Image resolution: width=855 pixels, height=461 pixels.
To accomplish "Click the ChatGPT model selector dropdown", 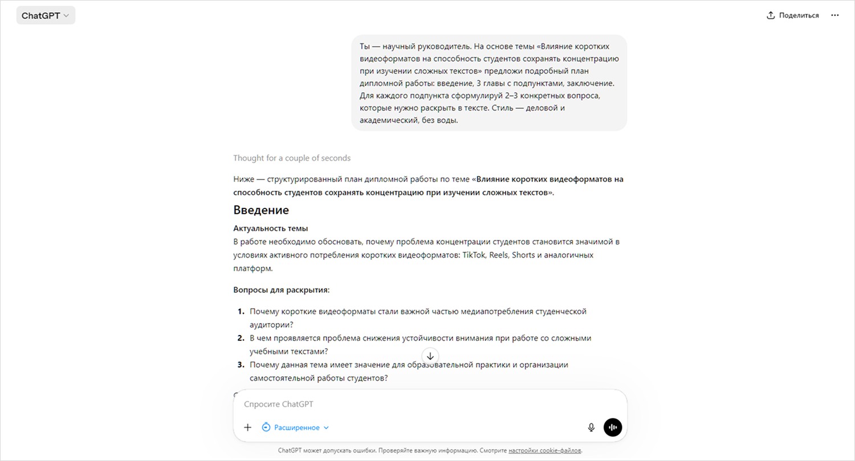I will coord(45,15).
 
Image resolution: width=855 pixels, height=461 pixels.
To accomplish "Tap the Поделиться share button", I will coord(792,15).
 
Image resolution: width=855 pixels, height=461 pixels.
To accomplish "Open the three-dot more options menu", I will coord(835,15).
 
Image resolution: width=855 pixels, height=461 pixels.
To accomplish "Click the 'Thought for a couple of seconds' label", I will coord(292,158).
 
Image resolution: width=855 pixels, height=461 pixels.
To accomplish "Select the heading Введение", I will coord(261,210).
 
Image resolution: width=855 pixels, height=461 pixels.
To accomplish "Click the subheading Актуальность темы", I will coord(271,229).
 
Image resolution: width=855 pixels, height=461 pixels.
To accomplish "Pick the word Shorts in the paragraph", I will coord(523,255).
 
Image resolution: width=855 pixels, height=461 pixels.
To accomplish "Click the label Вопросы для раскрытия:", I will coord(282,290).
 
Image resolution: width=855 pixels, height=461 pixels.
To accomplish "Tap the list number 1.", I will coord(241,312).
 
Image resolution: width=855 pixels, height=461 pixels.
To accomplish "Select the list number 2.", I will coord(241,338).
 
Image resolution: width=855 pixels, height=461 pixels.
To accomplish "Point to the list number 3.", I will coord(241,365).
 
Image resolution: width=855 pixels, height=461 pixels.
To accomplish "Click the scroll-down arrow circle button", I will coord(430,356).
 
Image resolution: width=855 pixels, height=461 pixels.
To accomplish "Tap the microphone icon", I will coord(591,427).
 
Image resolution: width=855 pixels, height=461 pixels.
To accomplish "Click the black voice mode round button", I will coord(613,427).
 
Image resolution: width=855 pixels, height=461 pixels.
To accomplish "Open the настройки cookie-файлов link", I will coord(545,451).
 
